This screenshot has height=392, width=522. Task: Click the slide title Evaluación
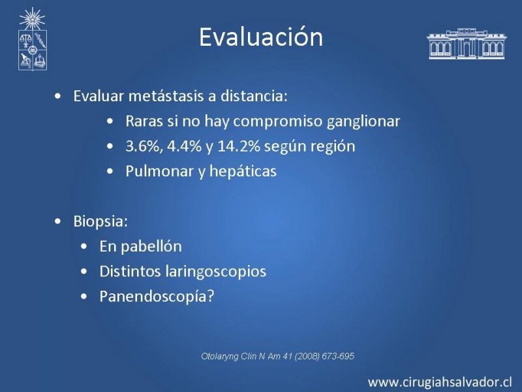click(x=261, y=37)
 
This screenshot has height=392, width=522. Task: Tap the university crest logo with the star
click(x=32, y=39)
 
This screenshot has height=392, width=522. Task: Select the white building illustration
click(x=467, y=44)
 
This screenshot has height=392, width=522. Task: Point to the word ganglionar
click(x=363, y=122)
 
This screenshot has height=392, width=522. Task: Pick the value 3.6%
click(x=144, y=146)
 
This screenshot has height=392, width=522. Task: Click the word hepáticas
click(x=243, y=172)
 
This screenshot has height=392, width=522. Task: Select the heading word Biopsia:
click(x=100, y=221)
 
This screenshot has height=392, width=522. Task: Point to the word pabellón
click(x=151, y=247)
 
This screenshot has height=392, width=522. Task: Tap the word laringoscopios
click(x=216, y=272)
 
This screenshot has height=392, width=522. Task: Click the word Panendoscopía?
click(x=157, y=297)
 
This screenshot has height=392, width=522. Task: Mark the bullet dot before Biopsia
click(x=57, y=221)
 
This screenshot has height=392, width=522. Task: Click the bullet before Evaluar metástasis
click(x=57, y=96)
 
